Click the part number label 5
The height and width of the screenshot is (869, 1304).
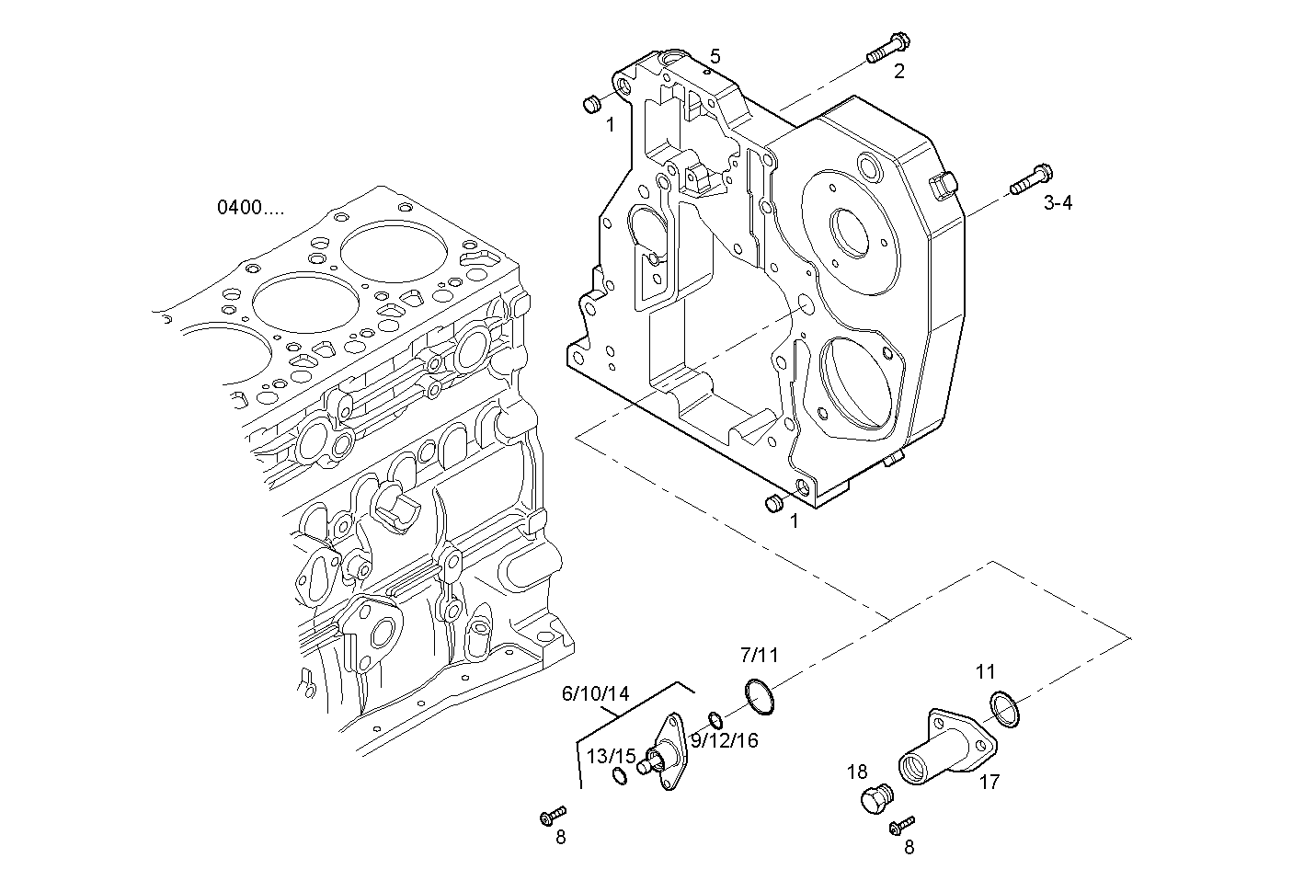(715, 56)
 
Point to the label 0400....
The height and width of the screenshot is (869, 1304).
(250, 208)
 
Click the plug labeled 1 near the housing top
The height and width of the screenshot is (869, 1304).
(593, 102)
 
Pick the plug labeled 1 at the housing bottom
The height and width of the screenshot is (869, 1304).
(774, 502)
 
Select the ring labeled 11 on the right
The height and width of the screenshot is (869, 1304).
(1005, 708)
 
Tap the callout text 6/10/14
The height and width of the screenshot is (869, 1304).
(595, 693)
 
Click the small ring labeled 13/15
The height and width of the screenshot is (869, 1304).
(620, 778)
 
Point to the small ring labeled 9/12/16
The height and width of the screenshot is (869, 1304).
(715, 717)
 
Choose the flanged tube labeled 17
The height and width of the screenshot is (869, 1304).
(945, 749)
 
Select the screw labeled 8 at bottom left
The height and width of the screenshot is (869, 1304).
(553, 814)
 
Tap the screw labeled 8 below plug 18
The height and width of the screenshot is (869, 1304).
(903, 825)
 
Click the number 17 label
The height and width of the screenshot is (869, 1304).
(989, 783)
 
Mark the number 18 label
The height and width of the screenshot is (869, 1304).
(857, 772)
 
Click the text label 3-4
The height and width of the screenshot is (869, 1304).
(1058, 203)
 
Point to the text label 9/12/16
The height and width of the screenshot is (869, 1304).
(725, 741)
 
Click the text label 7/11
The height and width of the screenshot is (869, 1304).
(759, 656)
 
